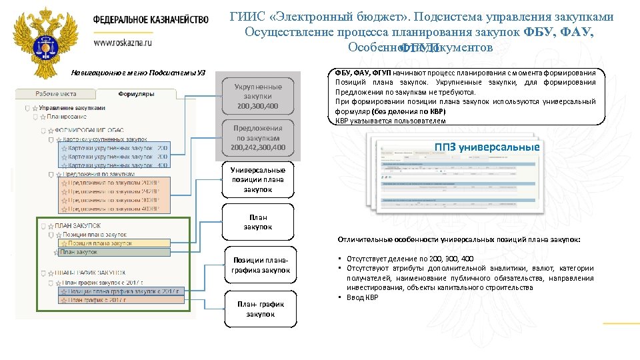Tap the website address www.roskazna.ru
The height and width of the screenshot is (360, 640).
click(123, 42)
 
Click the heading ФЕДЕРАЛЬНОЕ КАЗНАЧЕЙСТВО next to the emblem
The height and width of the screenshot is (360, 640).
click(150, 20)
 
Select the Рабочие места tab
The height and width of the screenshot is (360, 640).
click(56, 94)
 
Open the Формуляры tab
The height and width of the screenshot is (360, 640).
click(136, 94)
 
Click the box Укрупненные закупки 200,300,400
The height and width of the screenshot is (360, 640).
click(258, 96)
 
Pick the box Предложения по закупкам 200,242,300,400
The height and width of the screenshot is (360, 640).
click(258, 137)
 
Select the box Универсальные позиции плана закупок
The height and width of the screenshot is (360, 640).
click(258, 179)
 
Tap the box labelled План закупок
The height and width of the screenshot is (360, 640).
click(258, 222)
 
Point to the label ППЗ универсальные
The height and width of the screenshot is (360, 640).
click(486, 147)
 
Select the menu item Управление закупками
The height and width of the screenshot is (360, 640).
click(72, 108)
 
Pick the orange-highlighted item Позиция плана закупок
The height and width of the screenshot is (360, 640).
click(97, 243)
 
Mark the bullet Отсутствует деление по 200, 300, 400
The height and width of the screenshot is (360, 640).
click(410, 258)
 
